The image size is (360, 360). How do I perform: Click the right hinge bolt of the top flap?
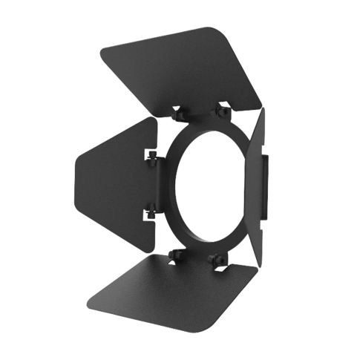tap(220, 111)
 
